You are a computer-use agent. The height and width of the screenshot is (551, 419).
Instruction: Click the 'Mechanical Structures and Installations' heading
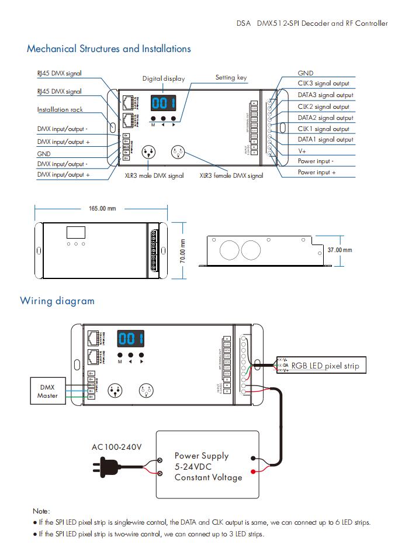tap(109, 49)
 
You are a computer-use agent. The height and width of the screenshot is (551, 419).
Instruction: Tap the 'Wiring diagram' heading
tap(57, 301)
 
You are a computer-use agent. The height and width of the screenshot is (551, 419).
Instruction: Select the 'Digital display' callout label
tap(164, 78)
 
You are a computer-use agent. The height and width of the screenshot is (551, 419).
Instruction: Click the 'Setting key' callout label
tap(231, 77)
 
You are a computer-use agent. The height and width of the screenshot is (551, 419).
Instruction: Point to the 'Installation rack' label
tap(60, 109)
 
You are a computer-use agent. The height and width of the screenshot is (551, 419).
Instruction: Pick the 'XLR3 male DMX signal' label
tap(154, 175)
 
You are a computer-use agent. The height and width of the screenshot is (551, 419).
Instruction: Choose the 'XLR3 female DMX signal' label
tap(231, 175)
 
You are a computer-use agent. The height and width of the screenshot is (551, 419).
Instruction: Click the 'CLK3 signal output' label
tap(323, 84)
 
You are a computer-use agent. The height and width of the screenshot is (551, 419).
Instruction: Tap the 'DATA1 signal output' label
tap(325, 139)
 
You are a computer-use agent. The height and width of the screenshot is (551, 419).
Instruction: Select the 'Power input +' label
tap(317, 173)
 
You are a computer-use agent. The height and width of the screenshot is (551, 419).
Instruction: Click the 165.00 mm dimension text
tap(102, 209)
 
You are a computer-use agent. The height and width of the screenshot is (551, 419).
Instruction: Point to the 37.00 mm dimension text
tap(340, 250)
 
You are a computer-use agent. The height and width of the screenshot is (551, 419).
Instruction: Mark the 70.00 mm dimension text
tap(182, 250)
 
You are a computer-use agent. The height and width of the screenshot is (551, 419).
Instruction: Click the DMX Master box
tap(48, 391)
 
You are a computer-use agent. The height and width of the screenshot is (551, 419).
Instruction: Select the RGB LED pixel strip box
tap(325, 366)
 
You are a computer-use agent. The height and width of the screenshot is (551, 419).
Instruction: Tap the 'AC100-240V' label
tap(116, 447)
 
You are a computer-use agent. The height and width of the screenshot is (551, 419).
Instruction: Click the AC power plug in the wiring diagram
tap(105, 466)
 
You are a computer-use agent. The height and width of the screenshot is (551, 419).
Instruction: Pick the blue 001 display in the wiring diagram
tap(131, 339)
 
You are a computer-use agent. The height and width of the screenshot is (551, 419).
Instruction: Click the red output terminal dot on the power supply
tap(252, 471)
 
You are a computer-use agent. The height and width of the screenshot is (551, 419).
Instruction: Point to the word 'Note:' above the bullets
tap(41, 511)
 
